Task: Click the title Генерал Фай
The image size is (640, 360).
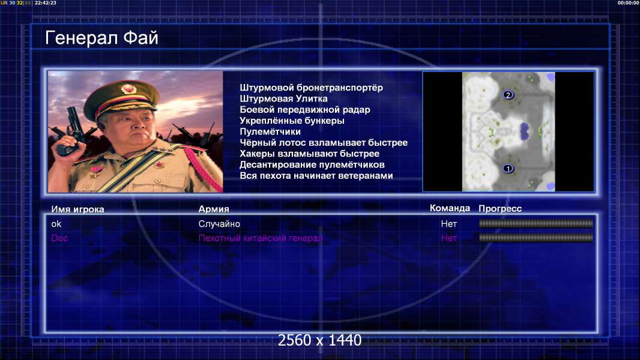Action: pyautogui.click(x=101, y=38)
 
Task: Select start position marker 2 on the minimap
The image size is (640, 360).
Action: pyautogui.click(x=508, y=95)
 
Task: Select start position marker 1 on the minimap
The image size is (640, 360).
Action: pyautogui.click(x=508, y=168)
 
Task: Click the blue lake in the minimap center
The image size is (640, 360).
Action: pyautogui.click(x=524, y=131)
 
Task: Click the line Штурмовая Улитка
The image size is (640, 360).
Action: pyautogui.click(x=283, y=98)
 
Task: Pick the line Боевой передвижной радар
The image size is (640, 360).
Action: pyautogui.click(x=305, y=110)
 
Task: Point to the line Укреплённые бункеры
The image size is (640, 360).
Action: pyautogui.click(x=292, y=121)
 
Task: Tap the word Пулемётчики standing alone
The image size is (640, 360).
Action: pyautogui.click(x=270, y=131)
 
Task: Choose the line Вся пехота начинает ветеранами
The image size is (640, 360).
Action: pyautogui.click(x=316, y=176)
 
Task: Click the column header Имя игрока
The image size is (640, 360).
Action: pyautogui.click(x=77, y=209)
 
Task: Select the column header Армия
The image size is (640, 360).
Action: pyautogui.click(x=214, y=209)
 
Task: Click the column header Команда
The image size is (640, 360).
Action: pyautogui.click(x=450, y=208)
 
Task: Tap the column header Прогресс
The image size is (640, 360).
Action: pyautogui.click(x=500, y=209)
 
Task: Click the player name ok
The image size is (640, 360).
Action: pyautogui.click(x=56, y=224)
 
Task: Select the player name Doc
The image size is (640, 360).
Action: pyautogui.click(x=59, y=238)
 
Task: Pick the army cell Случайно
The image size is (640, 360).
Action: pyautogui.click(x=219, y=224)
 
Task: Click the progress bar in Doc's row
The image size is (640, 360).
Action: pyautogui.click(x=536, y=238)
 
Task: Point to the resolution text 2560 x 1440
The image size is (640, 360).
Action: pyautogui.click(x=319, y=340)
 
